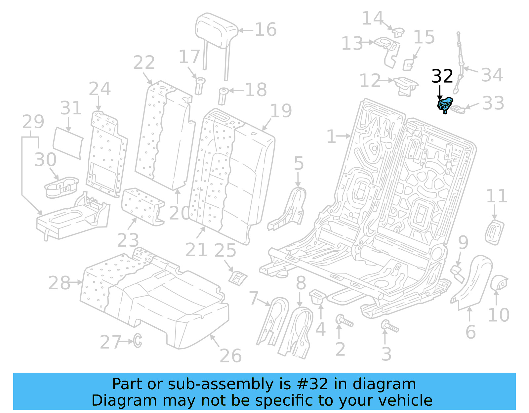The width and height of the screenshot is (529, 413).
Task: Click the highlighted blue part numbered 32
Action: coord(445,104)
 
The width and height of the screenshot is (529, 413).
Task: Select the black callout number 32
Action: coord(442,76)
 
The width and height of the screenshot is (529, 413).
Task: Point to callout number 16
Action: coord(265,30)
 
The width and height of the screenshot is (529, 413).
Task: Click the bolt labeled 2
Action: coord(344,321)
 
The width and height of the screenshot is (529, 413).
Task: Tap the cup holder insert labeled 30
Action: coord(61,187)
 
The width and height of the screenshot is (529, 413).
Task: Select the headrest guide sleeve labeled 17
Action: coord(200,86)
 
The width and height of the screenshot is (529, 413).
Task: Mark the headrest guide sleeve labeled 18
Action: coord(223,96)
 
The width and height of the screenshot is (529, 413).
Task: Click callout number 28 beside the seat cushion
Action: coord(59,283)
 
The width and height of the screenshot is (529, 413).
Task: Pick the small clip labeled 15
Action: coord(408,64)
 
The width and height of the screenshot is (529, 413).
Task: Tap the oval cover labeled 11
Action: coord(495,232)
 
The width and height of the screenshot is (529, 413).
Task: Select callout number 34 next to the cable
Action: coord(492,75)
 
